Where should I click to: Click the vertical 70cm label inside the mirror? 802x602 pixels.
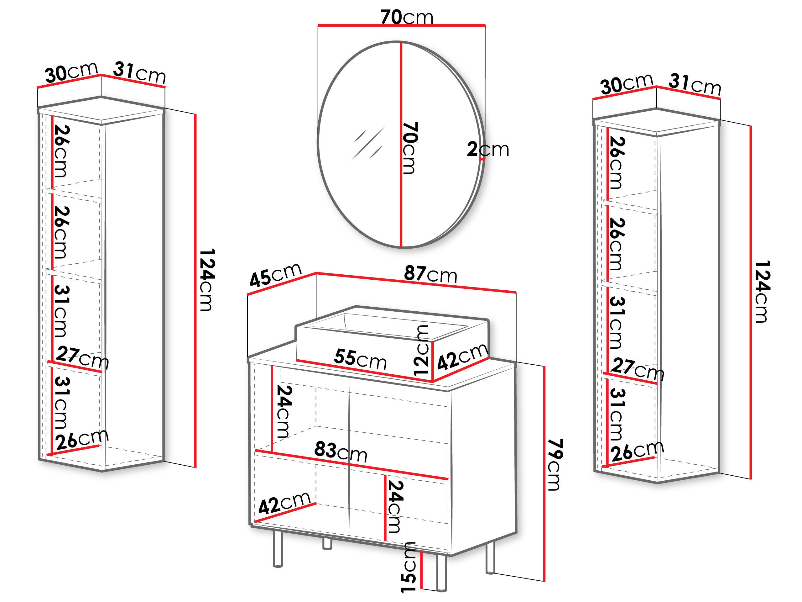410,148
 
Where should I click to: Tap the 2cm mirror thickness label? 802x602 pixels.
488,149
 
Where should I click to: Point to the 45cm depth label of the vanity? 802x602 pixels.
276,275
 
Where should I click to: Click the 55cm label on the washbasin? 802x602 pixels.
360,359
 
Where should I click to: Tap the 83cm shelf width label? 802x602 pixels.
341,452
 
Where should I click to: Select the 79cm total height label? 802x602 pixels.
555,465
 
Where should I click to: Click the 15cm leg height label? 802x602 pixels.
408,568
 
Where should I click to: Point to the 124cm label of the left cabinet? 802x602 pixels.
208,280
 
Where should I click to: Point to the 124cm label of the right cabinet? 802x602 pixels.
763,291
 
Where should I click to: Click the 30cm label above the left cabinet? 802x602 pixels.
71,72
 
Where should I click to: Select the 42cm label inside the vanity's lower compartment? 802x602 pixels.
284,503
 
